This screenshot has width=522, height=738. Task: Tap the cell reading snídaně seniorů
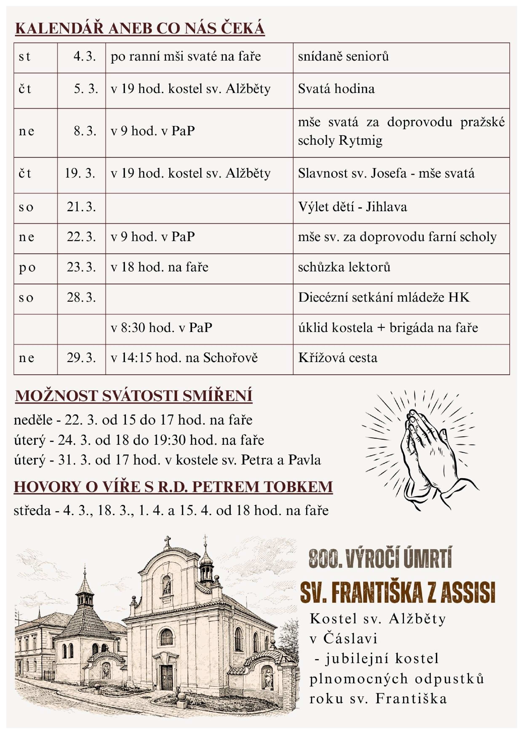pos(343,57)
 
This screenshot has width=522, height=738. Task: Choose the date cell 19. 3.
pos(80,174)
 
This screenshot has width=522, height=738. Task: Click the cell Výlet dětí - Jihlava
pos(352,207)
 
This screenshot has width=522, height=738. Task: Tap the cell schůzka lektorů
pos(344,267)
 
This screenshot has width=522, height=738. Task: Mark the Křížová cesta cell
pos(338,358)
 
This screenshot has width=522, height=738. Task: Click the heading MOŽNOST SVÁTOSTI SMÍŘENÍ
pos(134,396)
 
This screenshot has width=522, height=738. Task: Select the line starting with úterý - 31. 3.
pos(167,460)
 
